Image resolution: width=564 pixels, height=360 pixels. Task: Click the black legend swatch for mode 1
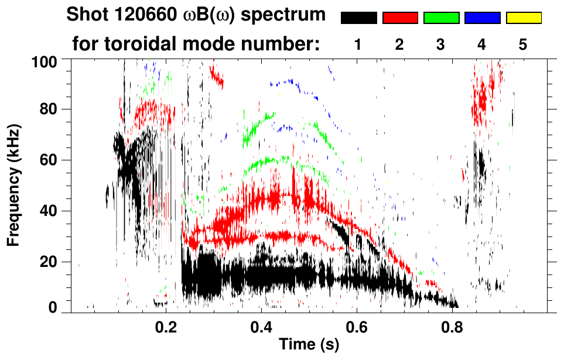[x=358, y=18]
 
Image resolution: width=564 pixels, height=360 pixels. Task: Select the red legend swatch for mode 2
[x=399, y=18]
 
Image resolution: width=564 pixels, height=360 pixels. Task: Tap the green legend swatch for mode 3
[x=440, y=18]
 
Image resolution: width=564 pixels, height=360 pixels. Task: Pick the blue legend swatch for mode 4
[x=482, y=18]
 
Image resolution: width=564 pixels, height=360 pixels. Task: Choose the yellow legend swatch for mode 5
[x=523, y=18]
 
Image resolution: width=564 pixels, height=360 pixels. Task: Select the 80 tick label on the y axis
[x=51, y=109]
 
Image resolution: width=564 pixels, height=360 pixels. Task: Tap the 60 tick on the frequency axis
[x=51, y=160]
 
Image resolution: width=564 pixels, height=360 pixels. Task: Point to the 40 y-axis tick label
[x=51, y=211]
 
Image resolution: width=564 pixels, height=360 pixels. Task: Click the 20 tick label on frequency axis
[x=51, y=261]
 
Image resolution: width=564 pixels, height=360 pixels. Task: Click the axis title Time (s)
[x=309, y=345]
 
